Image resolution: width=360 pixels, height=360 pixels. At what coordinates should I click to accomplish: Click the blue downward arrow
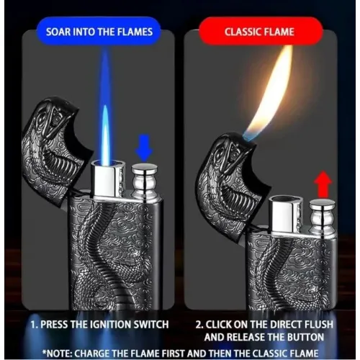pos(144,148)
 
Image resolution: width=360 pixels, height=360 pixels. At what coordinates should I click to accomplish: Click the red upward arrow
pos(323,184)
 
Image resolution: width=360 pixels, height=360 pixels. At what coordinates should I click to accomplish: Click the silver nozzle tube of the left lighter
pos(108,179)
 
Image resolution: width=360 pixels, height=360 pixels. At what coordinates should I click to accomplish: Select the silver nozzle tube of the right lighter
pos(286,215)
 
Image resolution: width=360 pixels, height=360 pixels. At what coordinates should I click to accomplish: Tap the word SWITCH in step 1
pos(151,325)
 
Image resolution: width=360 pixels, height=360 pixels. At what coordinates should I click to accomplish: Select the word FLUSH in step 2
pos(319,325)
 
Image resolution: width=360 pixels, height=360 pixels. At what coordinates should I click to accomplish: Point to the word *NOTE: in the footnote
pos(57,354)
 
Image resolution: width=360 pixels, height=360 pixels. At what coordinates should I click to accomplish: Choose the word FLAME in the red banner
pos(279,32)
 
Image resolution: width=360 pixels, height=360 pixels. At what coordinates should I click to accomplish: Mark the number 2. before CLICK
pos(199,325)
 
